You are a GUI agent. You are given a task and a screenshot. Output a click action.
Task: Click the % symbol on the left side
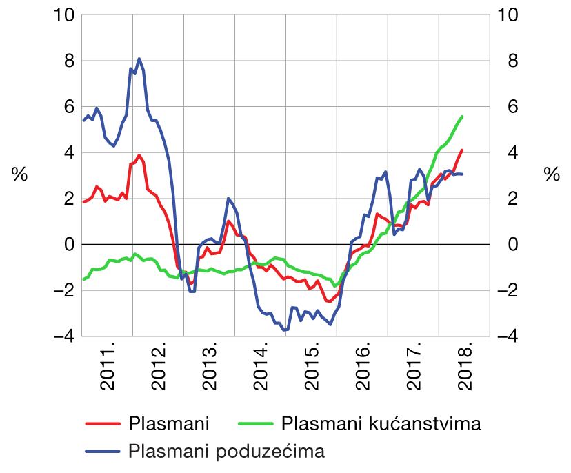click(x=19, y=175)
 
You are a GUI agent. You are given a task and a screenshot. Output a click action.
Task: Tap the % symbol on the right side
click(x=551, y=175)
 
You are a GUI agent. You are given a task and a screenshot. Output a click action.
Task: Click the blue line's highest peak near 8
click(x=139, y=59)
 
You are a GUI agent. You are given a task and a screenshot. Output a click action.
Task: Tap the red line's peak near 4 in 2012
click(x=139, y=155)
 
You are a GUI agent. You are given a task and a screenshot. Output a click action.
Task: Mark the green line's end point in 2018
click(x=462, y=117)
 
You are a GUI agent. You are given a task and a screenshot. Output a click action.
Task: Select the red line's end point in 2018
click(x=462, y=150)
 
